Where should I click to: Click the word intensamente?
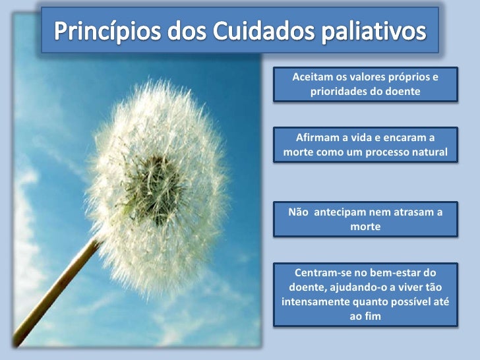(313, 303)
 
